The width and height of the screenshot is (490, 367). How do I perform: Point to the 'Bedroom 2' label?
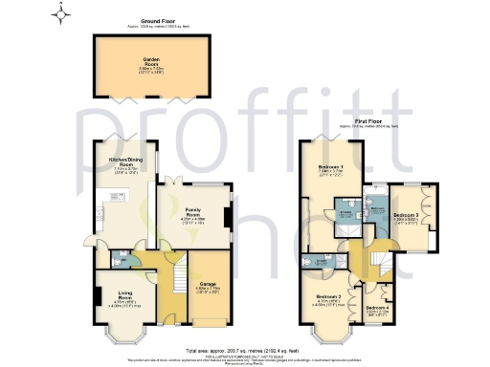(329, 299)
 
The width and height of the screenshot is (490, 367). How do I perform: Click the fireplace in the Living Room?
(98, 297)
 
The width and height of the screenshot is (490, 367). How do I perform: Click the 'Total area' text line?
(245, 349)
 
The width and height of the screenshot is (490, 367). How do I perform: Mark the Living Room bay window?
(125, 335)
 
